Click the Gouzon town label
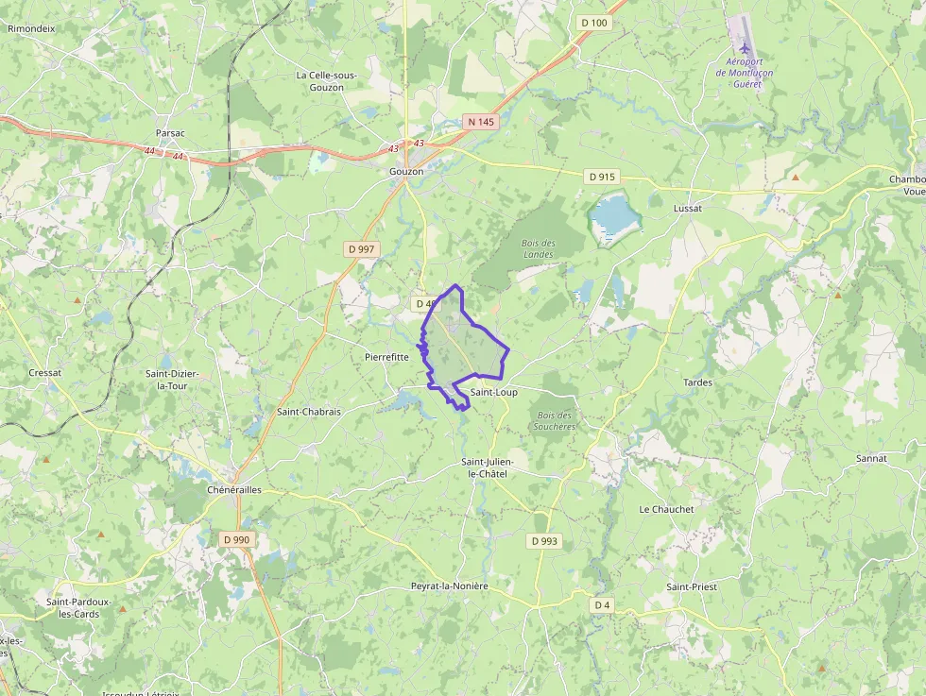406,172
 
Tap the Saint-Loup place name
493,392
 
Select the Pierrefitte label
386,357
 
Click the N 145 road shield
480,122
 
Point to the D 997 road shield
361,248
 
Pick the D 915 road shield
601,177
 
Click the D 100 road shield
594,23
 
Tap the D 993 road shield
543,541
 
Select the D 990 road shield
236,538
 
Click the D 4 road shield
602,604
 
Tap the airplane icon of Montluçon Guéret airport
745,46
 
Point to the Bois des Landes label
539,248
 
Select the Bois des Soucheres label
556,420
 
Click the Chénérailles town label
233,490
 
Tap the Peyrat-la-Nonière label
450,586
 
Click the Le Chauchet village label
666,509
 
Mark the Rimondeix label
31,28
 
